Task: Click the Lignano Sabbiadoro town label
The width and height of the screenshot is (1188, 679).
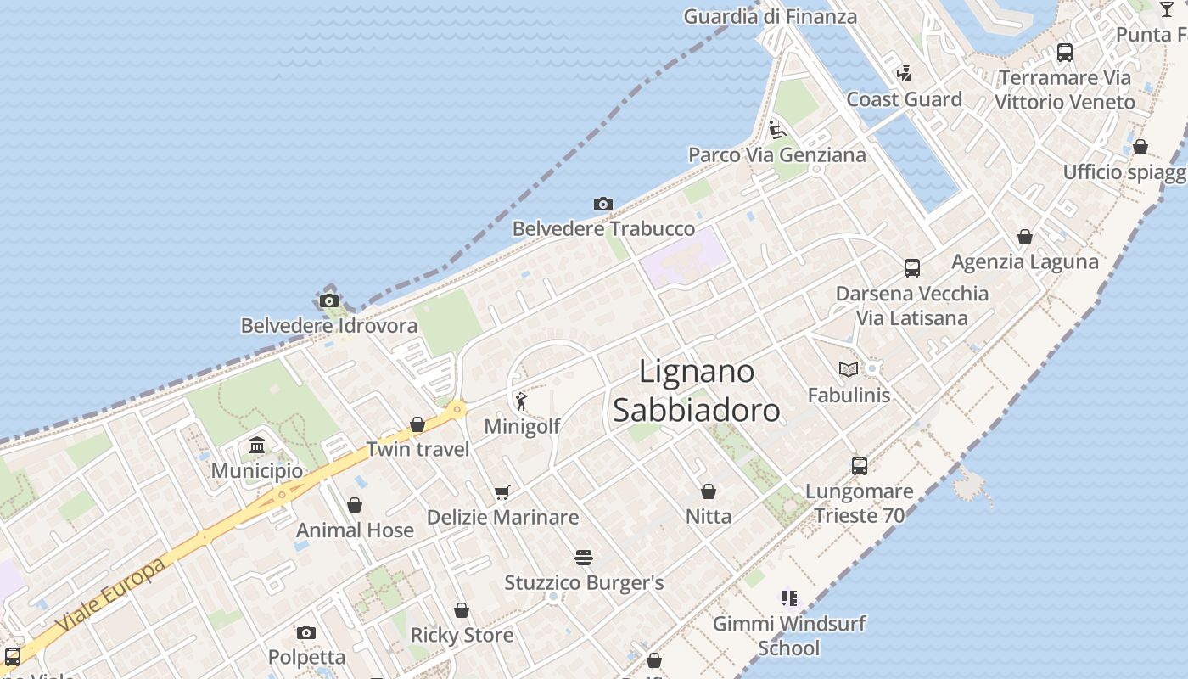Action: pyautogui.click(x=696, y=391)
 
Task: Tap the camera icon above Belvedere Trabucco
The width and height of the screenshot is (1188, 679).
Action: pyautogui.click(x=603, y=204)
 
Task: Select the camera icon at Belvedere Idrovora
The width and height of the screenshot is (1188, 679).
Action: pyautogui.click(x=329, y=300)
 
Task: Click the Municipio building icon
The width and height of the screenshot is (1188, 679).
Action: pyautogui.click(x=257, y=445)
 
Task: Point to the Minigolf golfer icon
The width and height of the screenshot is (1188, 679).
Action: pyautogui.click(x=521, y=401)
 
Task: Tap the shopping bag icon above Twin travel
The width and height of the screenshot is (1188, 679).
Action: pyautogui.click(x=417, y=424)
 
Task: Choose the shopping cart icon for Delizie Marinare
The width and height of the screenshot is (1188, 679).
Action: pyautogui.click(x=502, y=492)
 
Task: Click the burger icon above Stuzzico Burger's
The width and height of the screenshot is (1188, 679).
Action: pyautogui.click(x=583, y=558)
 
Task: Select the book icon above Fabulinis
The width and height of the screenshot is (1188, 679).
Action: pyautogui.click(x=848, y=369)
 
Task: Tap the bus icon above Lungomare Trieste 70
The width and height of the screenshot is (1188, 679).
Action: pyautogui.click(x=860, y=465)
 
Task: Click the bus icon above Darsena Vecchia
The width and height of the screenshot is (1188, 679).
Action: pyautogui.click(x=912, y=268)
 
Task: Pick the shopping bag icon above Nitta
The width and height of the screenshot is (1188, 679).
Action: pyautogui.click(x=709, y=491)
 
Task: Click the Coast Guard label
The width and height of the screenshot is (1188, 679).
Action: pyautogui.click(x=905, y=99)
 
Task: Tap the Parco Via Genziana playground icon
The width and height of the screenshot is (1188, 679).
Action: pyautogui.click(x=776, y=130)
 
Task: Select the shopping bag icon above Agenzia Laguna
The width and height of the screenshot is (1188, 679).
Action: pyautogui.click(x=1025, y=237)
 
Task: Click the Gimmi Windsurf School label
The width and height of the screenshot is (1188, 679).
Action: pyautogui.click(x=789, y=636)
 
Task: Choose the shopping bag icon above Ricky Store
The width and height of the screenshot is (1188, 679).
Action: pyautogui.click(x=462, y=610)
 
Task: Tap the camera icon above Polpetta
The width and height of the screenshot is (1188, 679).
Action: pyautogui.click(x=306, y=632)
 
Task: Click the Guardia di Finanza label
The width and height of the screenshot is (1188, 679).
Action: pyautogui.click(x=771, y=16)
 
